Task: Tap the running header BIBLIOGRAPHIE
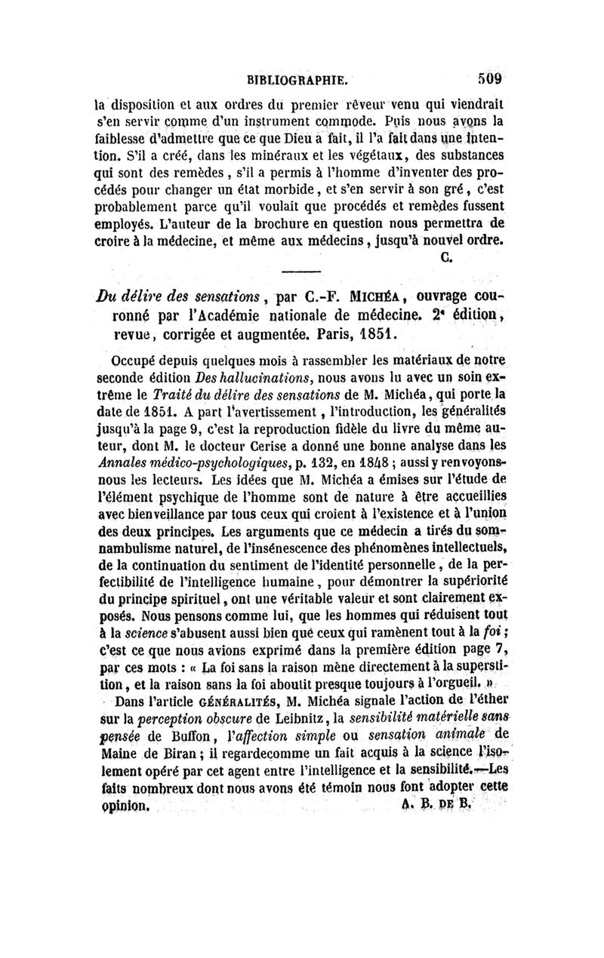[297, 78]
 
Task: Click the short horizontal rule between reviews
[301, 272]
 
